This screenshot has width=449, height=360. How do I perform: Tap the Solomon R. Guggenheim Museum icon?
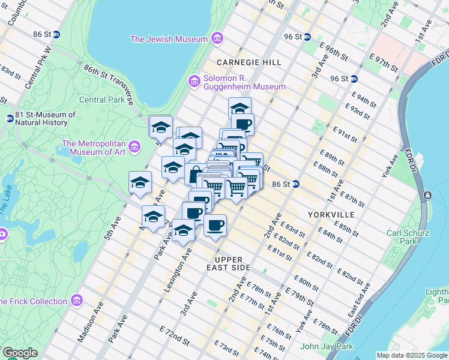[x=194, y=81]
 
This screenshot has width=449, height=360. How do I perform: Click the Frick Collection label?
[x=33, y=301]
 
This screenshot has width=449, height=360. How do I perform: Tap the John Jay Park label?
[x=327, y=346]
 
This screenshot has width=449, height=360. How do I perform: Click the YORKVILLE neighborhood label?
[x=331, y=214]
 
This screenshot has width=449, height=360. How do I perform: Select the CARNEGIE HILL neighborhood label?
[x=240, y=62]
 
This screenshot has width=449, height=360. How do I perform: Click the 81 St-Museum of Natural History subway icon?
[x=10, y=119]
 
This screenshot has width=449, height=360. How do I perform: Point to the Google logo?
[x=20, y=353]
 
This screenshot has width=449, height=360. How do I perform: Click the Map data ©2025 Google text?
[x=411, y=355]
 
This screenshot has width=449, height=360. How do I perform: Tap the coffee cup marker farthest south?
[x=215, y=226]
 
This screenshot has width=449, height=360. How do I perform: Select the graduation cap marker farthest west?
[x=140, y=182]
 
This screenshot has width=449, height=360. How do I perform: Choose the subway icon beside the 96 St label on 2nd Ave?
[x=354, y=79]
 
